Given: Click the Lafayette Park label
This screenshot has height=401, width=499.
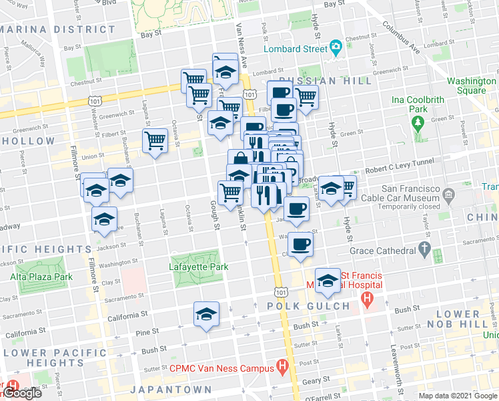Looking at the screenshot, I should click(199, 267).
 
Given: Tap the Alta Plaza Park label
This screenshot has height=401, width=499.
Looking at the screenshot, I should click(41, 276).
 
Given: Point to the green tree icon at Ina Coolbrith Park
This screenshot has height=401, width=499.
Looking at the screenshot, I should click(418, 123).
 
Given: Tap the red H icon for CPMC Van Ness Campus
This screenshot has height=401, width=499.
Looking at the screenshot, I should click(282, 367).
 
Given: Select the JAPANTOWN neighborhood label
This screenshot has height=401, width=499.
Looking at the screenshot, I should click(171, 389).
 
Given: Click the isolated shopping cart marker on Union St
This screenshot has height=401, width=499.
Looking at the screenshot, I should click(155, 141).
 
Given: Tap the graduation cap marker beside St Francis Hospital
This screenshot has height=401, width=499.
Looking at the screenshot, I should click(328, 281).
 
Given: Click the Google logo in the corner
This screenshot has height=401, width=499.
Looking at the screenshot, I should click(21, 393).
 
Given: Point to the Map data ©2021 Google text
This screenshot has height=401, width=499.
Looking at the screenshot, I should click(457, 396).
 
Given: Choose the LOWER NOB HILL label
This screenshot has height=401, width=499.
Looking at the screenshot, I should click(467, 319).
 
